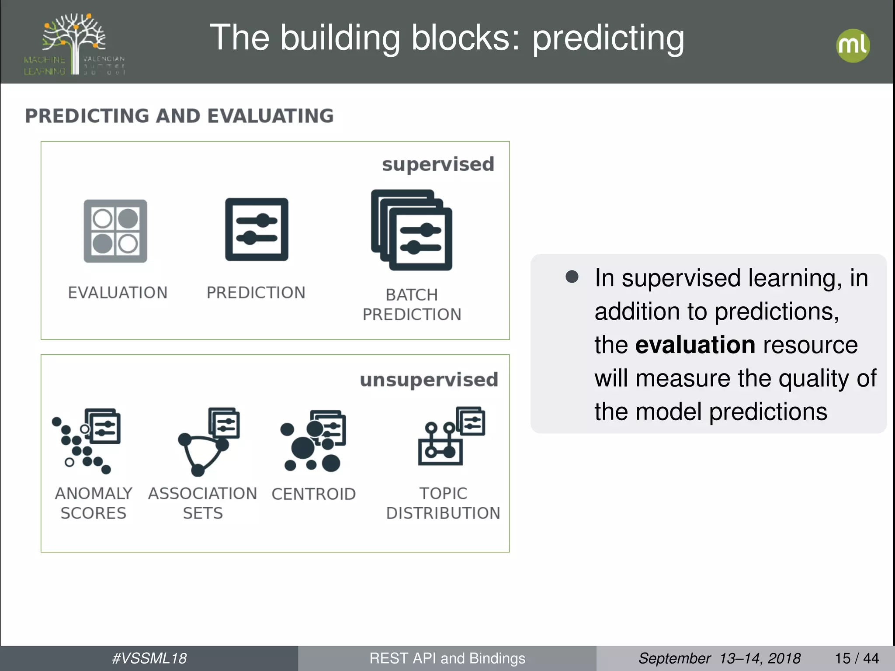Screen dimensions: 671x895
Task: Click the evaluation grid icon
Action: coord(115,231)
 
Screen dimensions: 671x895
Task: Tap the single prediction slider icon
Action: coord(257,230)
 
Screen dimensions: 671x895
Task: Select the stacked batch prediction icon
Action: coord(412,230)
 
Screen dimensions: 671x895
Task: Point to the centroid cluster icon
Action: coord(313,441)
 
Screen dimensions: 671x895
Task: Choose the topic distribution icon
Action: coord(451,436)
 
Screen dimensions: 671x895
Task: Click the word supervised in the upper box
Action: coord(438,165)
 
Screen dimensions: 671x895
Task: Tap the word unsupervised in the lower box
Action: coord(429,380)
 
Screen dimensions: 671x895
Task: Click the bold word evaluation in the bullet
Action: coord(695,345)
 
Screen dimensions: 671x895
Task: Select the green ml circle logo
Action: coord(853,45)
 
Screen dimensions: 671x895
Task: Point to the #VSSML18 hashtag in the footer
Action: coord(149,658)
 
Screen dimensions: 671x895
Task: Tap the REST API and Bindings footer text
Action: coord(447,658)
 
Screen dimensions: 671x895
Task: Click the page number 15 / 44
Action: coord(857,658)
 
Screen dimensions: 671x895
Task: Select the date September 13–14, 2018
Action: coord(719,658)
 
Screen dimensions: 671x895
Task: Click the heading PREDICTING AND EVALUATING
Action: coord(179,116)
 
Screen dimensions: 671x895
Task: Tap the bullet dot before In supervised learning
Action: coord(572,277)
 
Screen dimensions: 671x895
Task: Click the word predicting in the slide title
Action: coord(608,38)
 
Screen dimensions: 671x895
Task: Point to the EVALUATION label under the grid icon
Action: coord(118,293)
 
